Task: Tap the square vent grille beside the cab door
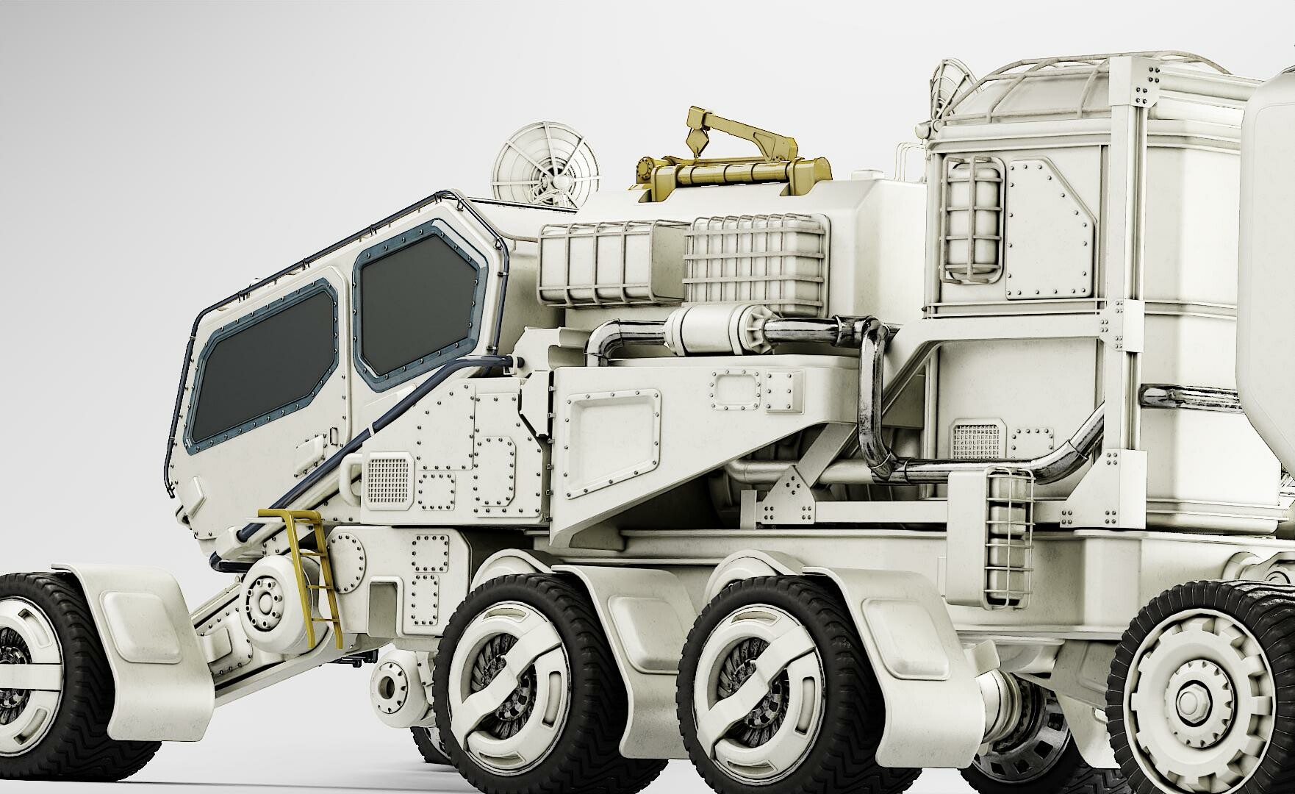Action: [387, 478]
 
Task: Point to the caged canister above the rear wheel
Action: [1007, 537]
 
